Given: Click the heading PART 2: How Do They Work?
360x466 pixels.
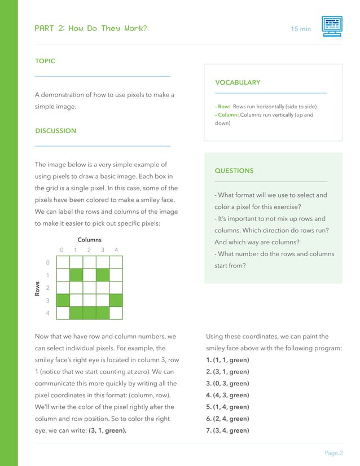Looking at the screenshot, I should pos(91,28).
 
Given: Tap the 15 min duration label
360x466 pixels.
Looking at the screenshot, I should pos(301,28).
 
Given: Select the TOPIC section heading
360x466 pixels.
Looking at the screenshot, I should pos(45,61).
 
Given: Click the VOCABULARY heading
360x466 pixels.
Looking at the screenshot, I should pos(238,82).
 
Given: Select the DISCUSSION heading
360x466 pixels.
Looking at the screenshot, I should pos(55,131).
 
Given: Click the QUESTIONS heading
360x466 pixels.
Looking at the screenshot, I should pos(234,170).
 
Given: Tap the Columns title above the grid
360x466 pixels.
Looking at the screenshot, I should pos(89,240).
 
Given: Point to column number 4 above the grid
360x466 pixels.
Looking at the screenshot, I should pos(116,250).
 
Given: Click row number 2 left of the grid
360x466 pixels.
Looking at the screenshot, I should pos(47,288).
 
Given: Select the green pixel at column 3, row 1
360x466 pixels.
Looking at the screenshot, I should pos(102,275).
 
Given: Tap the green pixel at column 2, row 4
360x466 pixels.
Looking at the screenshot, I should pos(89,313).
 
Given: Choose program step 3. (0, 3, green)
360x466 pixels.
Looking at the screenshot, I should pos(228,383).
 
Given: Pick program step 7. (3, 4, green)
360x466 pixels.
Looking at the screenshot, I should pos(228,430).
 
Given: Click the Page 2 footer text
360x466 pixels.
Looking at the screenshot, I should pos(333,452).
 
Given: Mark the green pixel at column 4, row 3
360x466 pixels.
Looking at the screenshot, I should pos(116,300).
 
